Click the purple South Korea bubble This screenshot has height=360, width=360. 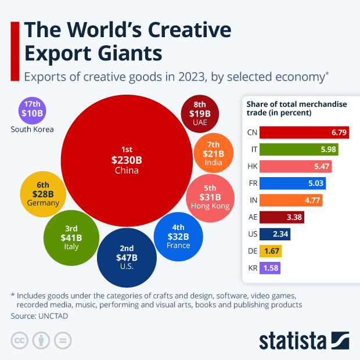coord(33,109)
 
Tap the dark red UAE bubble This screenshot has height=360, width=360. coord(200,113)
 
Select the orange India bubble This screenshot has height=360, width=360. coord(213,153)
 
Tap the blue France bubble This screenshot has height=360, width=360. coord(178,236)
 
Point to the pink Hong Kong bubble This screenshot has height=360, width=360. coord(210,196)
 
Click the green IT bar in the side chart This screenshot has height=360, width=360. coord(298,149)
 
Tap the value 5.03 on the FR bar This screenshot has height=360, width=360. coord(316,183)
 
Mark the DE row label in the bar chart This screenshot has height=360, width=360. coord(251,251)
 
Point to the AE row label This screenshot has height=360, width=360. coord(251,218)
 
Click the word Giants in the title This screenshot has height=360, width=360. coord(127,53)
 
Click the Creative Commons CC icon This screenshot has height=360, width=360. coord(20,339)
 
